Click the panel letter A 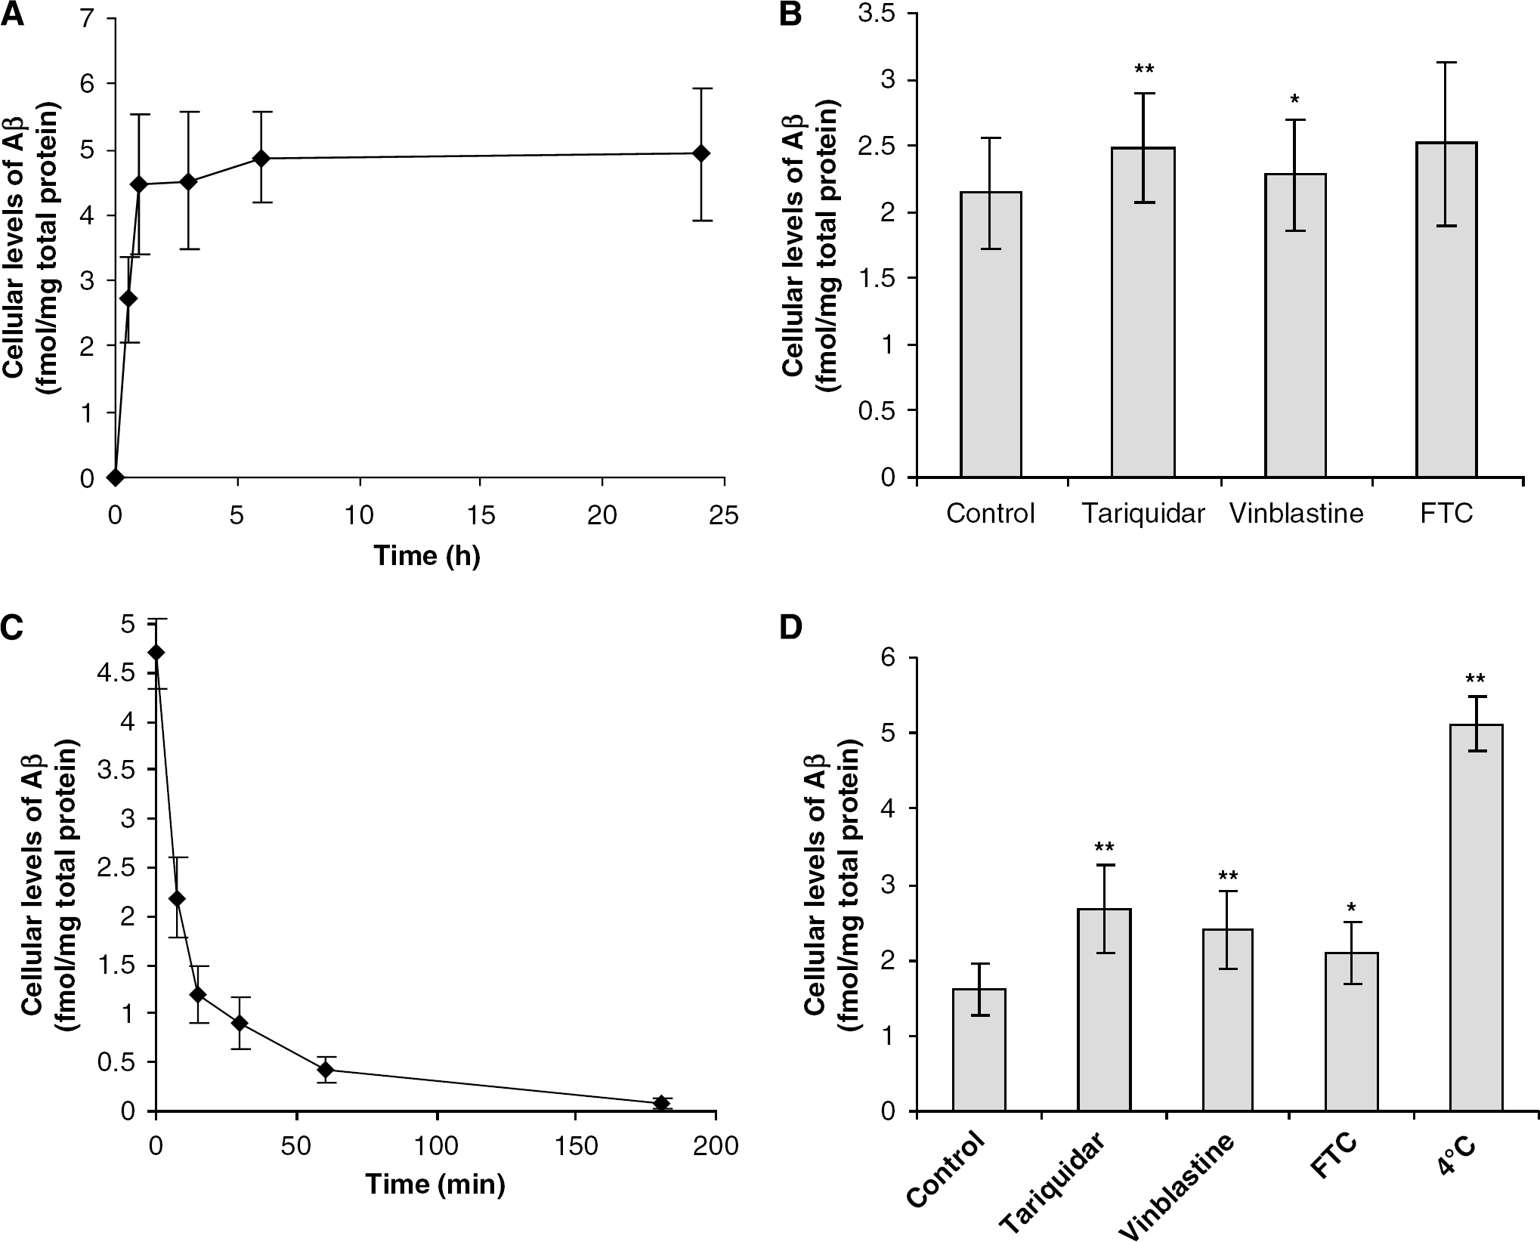[12, 15]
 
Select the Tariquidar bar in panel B [1143, 312]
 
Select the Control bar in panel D [979, 1050]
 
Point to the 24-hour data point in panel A [700, 153]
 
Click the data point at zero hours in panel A [116, 477]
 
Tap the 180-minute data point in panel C [662, 1103]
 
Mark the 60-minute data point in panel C [326, 1070]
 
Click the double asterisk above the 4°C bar [1475, 679]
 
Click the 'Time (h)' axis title [427, 555]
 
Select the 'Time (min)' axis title [435, 1184]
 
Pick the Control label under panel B [990, 514]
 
